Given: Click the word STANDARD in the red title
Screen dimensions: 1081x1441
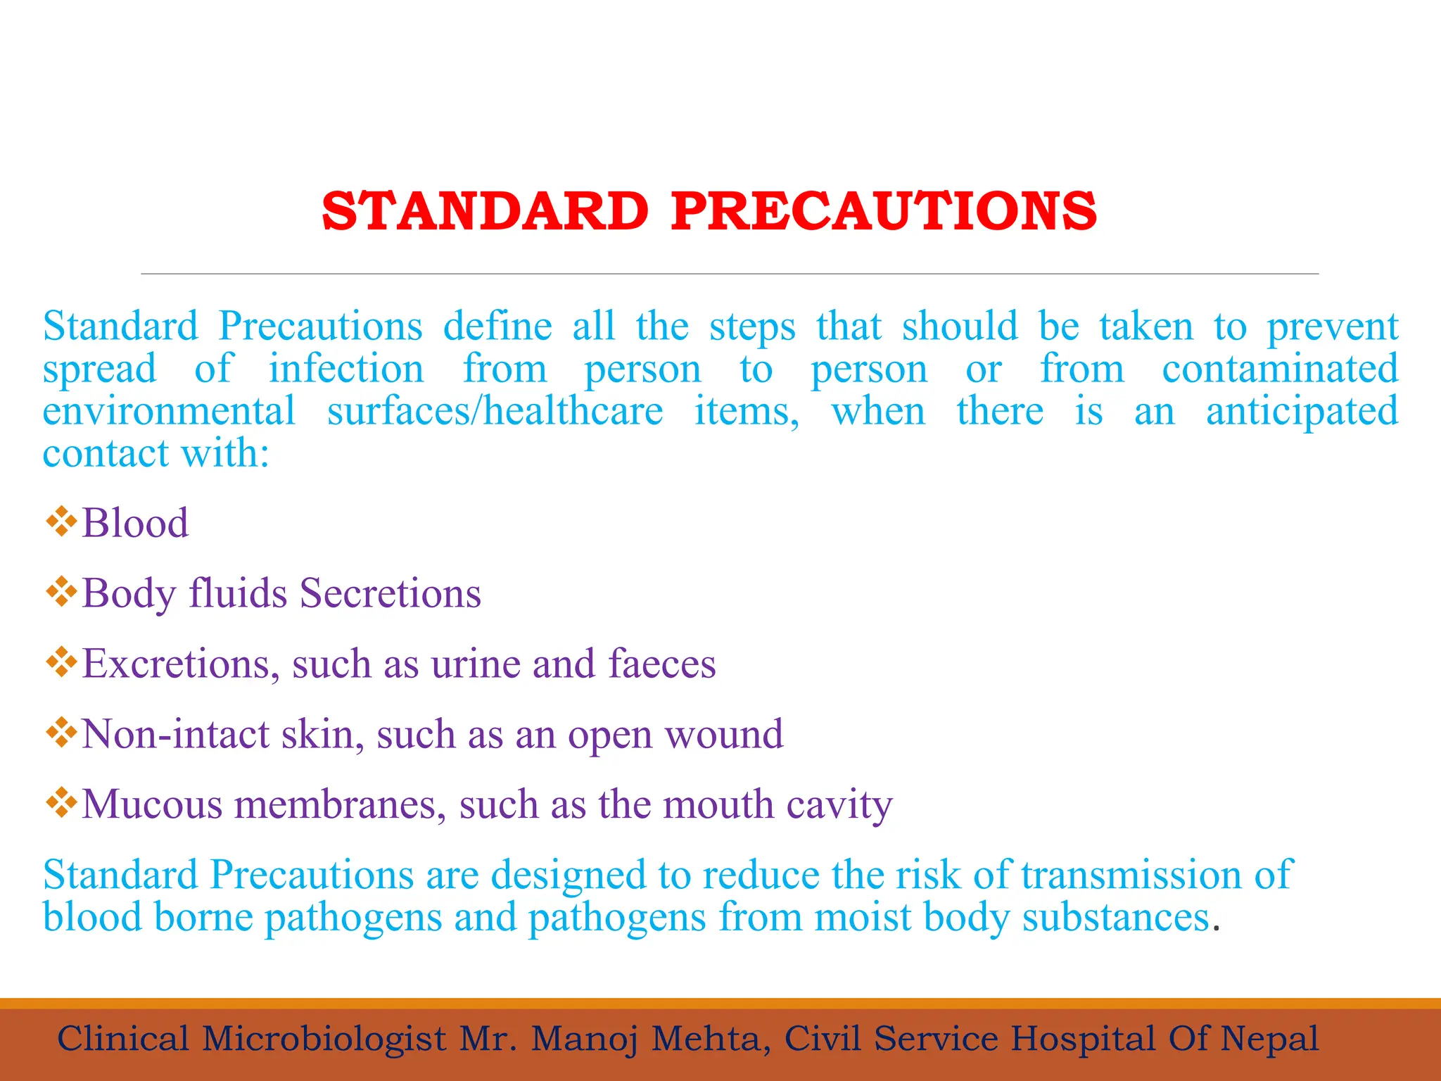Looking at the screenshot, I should (485, 211).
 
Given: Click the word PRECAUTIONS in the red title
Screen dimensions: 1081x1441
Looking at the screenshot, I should (884, 211).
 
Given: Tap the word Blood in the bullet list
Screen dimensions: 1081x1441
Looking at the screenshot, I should (135, 523).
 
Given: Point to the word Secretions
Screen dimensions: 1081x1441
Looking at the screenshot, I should (391, 593).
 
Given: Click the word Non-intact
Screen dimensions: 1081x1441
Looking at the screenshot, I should (174, 734).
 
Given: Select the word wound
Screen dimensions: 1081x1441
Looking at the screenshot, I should (724, 734).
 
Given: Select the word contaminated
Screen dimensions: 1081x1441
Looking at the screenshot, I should (1280, 369).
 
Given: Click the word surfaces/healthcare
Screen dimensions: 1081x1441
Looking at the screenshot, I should (495, 411).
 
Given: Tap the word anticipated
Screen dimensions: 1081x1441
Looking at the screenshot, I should (1302, 412).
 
